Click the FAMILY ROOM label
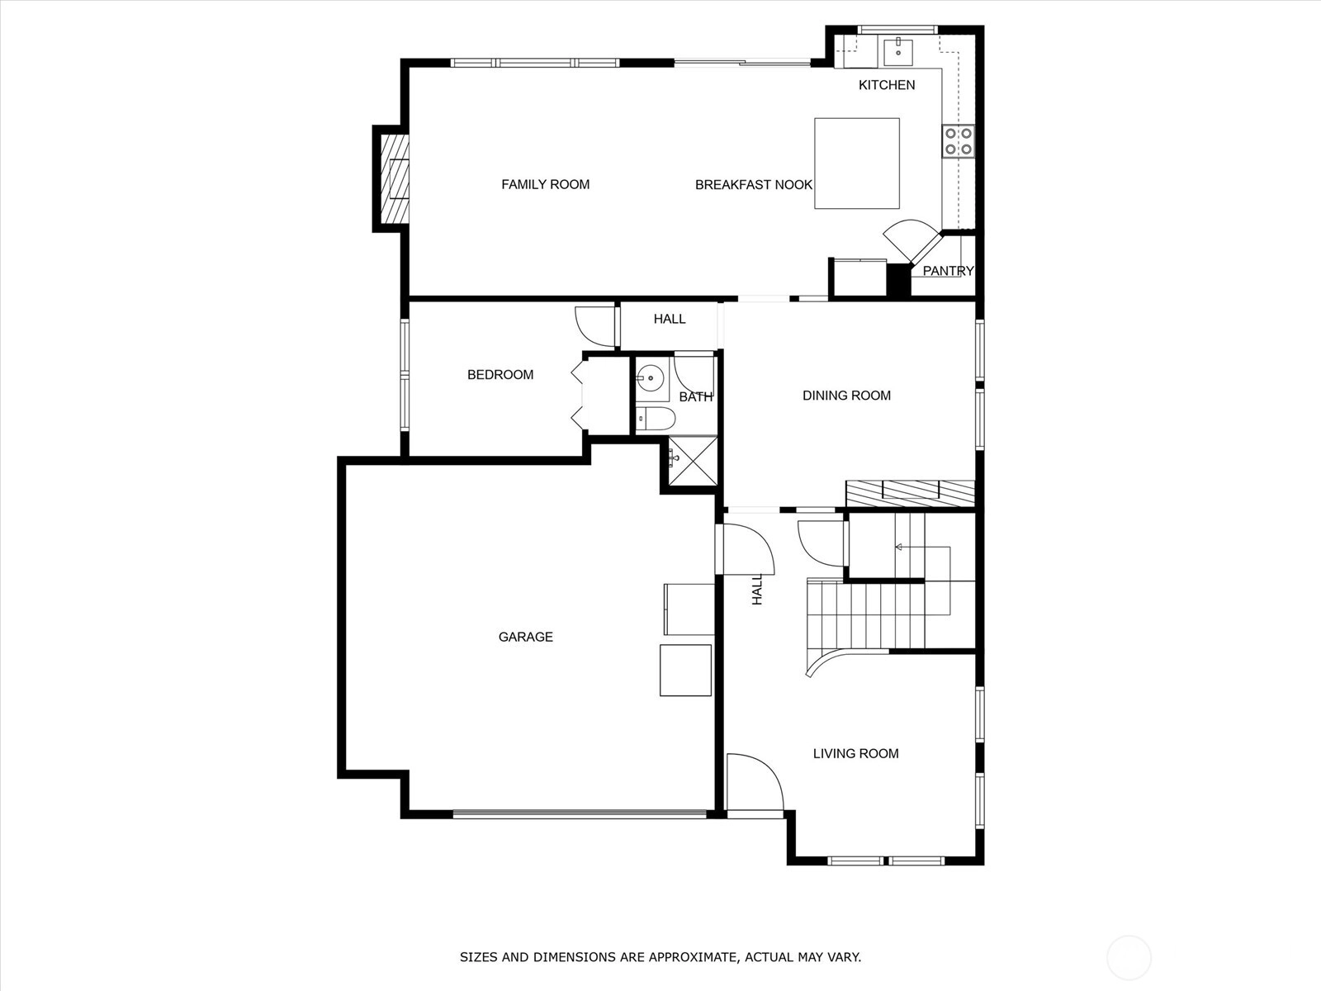click(x=545, y=185)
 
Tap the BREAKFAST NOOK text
click(x=754, y=185)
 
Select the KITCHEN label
click(x=887, y=85)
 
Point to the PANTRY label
click(x=948, y=271)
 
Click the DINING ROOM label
click(x=846, y=396)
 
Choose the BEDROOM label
click(x=500, y=375)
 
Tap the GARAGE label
click(x=525, y=637)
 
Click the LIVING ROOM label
click(x=856, y=753)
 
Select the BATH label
click(x=696, y=397)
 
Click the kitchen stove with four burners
click(x=958, y=141)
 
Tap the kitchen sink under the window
click(x=898, y=52)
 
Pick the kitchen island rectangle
click(x=857, y=164)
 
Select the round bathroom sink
click(x=650, y=378)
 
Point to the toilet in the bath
click(x=656, y=418)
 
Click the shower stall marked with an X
click(x=694, y=461)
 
